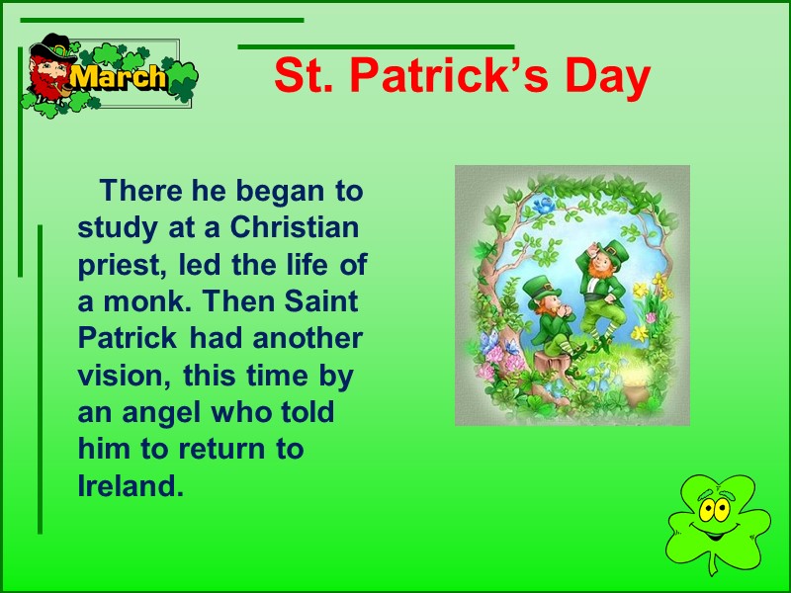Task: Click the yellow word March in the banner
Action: click(120, 78)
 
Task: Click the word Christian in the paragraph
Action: click(295, 227)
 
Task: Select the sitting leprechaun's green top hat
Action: click(539, 287)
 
